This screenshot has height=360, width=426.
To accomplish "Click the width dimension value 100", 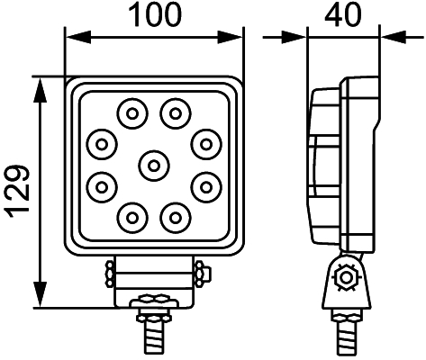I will point(154,14).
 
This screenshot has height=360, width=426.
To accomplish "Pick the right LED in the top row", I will point(175,112).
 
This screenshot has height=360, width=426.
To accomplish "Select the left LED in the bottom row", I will point(132,216).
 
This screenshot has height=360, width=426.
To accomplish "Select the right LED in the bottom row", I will point(175,216).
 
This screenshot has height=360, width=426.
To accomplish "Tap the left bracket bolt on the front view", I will point(108,271).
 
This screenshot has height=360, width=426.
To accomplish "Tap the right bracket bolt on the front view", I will point(201,271).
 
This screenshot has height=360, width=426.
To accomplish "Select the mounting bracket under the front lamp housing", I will point(154,274).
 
